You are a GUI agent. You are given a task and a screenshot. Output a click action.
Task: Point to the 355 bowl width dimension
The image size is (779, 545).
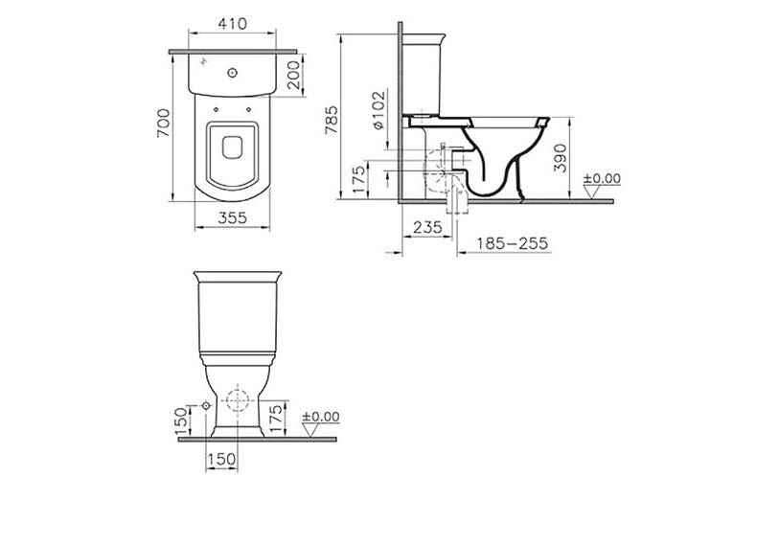pyautogui.click(x=228, y=218)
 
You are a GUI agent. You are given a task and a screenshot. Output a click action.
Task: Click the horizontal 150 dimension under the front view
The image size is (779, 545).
pyautogui.click(x=221, y=461)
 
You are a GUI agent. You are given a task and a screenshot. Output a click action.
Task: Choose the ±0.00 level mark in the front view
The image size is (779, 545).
pyautogui.click(x=320, y=420)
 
